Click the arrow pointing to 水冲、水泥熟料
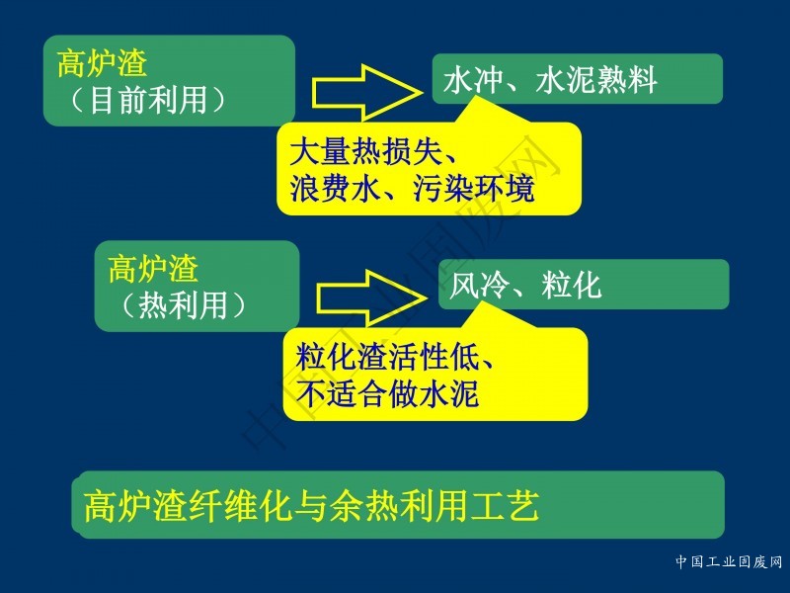click(x=366, y=93)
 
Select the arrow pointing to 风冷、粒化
click(x=372, y=298)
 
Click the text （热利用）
click(x=184, y=305)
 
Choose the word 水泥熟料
click(x=596, y=80)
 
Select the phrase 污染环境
click(x=474, y=189)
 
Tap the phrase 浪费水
click(x=335, y=189)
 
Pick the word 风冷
click(x=479, y=285)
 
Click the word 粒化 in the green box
click(x=572, y=285)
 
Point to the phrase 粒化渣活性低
click(x=387, y=357)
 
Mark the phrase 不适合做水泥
click(x=387, y=393)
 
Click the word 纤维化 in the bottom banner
click(x=240, y=505)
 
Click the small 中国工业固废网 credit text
click(x=729, y=561)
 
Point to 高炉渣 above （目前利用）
click(x=102, y=63)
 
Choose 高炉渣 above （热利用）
click(x=153, y=269)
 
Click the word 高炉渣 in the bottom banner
click(x=135, y=505)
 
